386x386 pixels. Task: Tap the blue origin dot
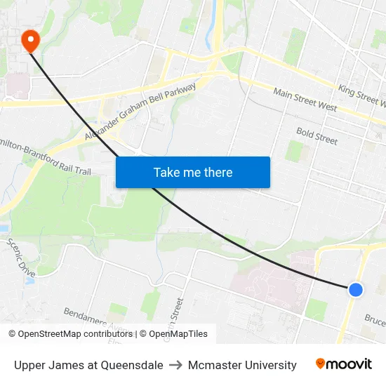click(x=356, y=289)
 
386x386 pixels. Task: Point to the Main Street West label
click(x=305, y=100)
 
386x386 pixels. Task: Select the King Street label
click(x=361, y=97)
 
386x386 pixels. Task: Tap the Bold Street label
click(x=317, y=135)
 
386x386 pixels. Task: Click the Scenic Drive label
click(x=21, y=257)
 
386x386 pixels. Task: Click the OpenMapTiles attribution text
click(x=179, y=334)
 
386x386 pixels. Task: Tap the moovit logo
click(x=343, y=364)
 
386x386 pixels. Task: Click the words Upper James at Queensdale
click(x=88, y=365)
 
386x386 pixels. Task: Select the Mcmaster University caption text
click(x=242, y=365)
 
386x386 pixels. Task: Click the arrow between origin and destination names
click(x=175, y=365)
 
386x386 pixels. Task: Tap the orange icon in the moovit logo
click(x=321, y=364)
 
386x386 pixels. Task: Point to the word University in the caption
click(x=269, y=365)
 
